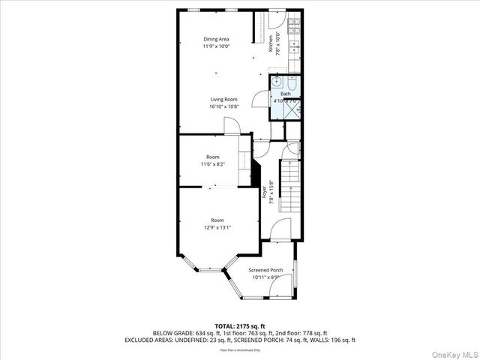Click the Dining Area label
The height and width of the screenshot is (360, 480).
pos(216,39)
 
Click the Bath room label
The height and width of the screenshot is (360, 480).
pos(286,94)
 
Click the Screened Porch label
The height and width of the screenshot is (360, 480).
pos(265,269)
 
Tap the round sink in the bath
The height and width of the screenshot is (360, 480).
pos(276,81)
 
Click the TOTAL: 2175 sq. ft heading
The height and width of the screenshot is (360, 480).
pos(240,325)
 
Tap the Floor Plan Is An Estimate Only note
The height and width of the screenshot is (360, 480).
pos(240,349)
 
